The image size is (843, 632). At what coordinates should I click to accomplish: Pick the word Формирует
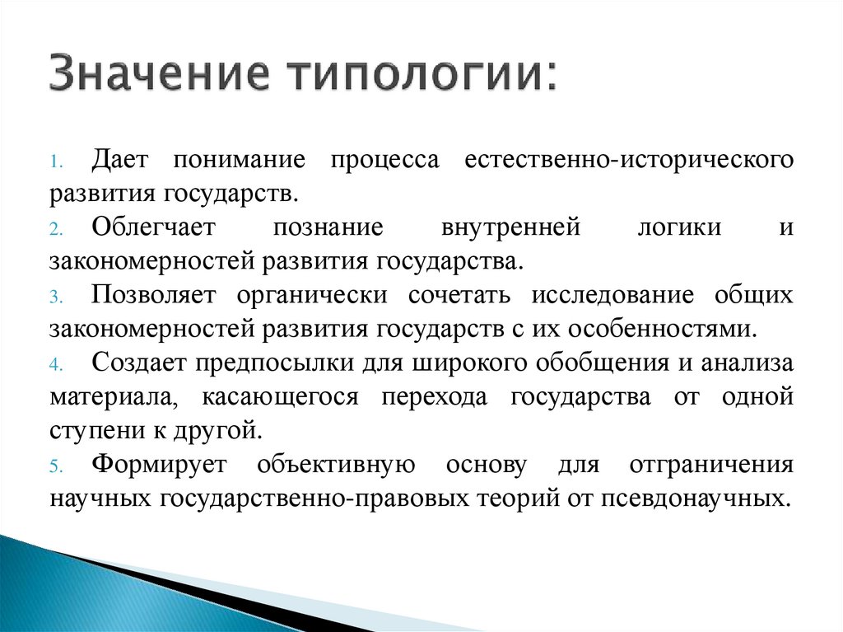(x=163, y=465)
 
